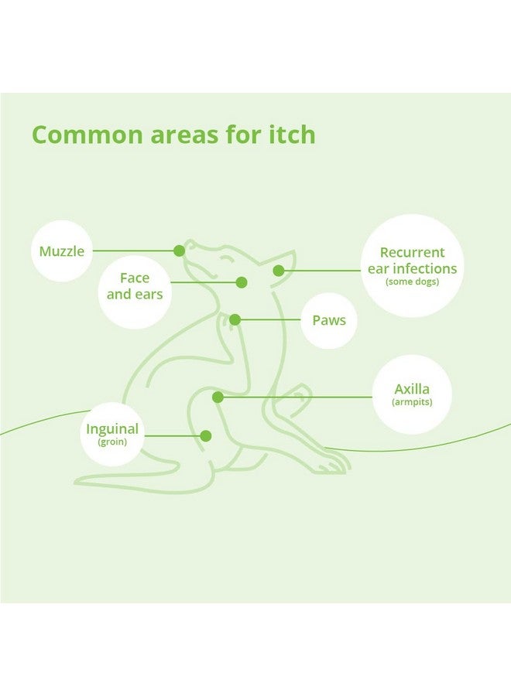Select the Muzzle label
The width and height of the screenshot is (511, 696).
click(x=62, y=251)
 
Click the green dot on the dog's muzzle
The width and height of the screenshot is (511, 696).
click(x=179, y=251)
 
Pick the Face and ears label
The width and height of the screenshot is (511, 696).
click(x=135, y=286)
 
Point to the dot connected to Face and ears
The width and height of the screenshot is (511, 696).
click(x=242, y=282)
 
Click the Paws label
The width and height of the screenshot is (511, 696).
click(x=329, y=320)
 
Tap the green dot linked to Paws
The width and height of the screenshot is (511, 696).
click(x=235, y=319)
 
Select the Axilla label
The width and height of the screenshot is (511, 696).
click(x=412, y=389)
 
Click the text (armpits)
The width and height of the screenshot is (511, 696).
click(x=412, y=402)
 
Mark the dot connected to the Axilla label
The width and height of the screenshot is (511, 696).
click(x=218, y=397)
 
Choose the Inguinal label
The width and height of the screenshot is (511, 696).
click(x=112, y=429)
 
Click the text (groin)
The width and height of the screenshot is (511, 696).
click(x=112, y=442)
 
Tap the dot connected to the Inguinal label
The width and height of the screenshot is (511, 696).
click(x=206, y=436)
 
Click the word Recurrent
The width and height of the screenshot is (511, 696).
click(x=412, y=252)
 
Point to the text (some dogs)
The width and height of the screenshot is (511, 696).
click(x=412, y=281)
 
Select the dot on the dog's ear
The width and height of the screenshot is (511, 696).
click(x=279, y=271)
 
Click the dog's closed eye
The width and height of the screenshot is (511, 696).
click(x=227, y=259)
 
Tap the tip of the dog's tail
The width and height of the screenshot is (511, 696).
click(x=77, y=483)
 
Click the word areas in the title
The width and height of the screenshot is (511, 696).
click(x=184, y=136)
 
